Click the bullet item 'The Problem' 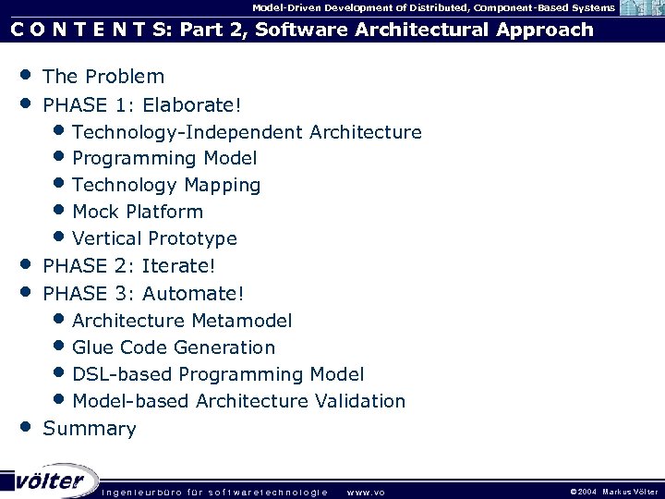[x=103, y=77]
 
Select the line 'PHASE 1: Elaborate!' [x=135, y=103]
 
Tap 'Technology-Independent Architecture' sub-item [x=247, y=132]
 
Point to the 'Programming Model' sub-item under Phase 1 [x=164, y=158]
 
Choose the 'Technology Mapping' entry [x=166, y=185]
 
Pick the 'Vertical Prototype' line [x=154, y=238]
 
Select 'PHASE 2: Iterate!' [x=129, y=267]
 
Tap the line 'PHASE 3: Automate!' [x=144, y=294]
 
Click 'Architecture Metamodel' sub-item [x=182, y=321]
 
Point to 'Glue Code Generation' [x=174, y=347]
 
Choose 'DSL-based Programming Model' [x=218, y=374]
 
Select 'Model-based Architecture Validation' [x=238, y=401]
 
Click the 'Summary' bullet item [x=90, y=429]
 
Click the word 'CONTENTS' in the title [x=83, y=30]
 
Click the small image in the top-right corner [x=640, y=7]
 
